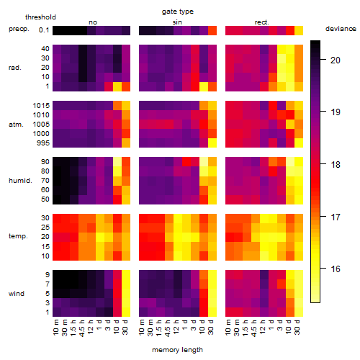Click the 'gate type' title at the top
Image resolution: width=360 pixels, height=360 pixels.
tap(178, 12)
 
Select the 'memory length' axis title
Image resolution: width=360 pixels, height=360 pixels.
tap(177, 350)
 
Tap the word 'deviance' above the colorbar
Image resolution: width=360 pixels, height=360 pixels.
tap(341, 29)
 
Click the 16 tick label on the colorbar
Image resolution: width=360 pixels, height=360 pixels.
tap(336, 269)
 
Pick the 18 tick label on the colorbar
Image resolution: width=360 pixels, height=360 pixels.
tap(336, 164)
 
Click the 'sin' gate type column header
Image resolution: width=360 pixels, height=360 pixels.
tap(177, 22)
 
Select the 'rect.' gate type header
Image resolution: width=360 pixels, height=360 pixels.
tap(261, 22)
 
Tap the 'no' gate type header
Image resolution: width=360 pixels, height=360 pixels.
tap(93, 22)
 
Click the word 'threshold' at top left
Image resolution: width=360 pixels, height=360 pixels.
tap(40, 17)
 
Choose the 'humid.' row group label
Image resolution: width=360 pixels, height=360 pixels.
tap(20, 181)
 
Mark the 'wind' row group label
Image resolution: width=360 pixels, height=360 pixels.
tap(17, 294)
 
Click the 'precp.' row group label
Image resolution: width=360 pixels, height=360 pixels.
tap(19, 29)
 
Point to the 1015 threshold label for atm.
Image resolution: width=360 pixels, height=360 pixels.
tap(41, 106)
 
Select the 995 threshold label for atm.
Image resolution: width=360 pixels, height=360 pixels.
tap(43, 143)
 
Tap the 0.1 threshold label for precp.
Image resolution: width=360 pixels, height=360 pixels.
tap(44, 30)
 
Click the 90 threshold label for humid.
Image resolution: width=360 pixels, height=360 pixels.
tap(45, 162)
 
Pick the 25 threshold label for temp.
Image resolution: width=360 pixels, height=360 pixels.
tap(45, 228)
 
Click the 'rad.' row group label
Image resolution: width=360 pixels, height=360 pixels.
tap(15, 68)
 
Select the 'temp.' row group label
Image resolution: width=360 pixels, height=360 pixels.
tap(18, 236)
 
